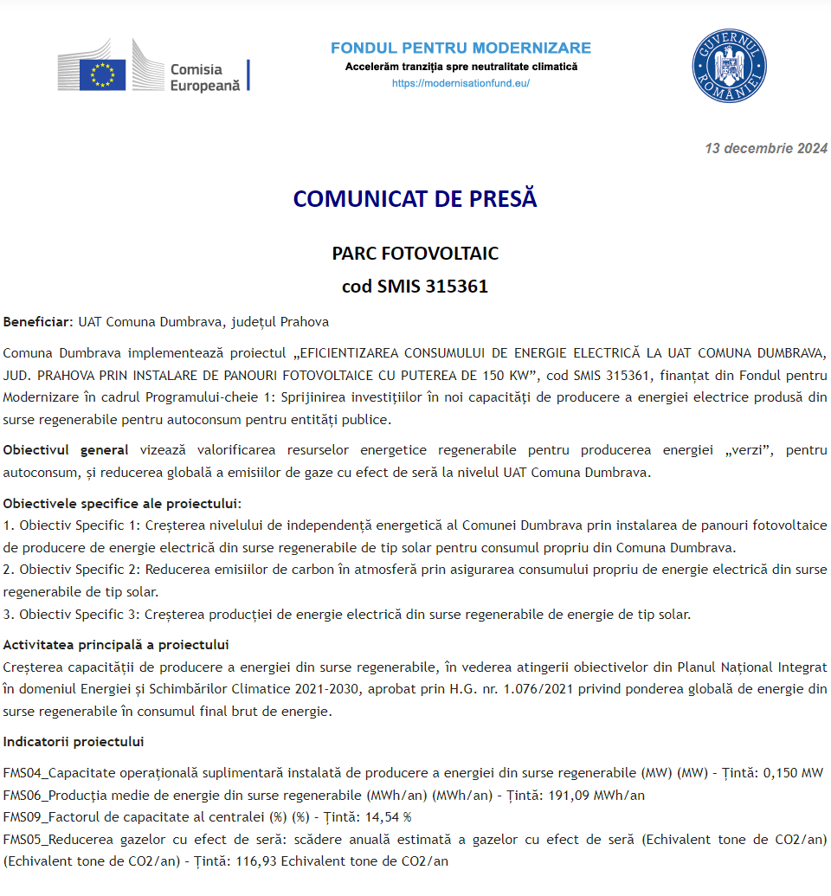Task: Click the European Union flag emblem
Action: (103, 74)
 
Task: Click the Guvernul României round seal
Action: (729, 67)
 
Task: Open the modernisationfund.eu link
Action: (461, 83)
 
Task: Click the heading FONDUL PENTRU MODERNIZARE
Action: (461, 48)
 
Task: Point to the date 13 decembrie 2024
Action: (766, 148)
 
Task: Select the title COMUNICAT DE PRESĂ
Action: (415, 198)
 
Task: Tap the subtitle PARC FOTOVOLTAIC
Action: (415, 254)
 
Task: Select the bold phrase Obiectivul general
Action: (66, 450)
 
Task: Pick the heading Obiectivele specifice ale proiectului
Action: (122, 503)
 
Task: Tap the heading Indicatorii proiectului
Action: (74, 742)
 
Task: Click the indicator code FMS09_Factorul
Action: (48, 817)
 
